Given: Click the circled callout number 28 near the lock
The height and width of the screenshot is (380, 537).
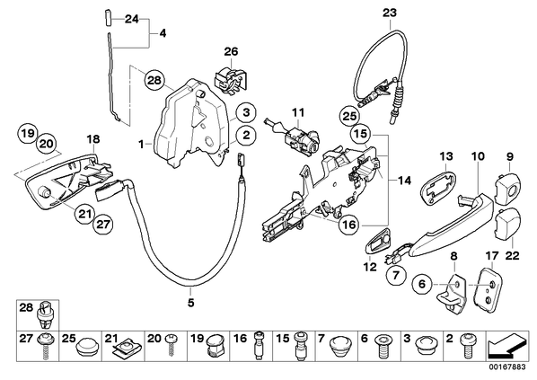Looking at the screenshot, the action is click(154, 81).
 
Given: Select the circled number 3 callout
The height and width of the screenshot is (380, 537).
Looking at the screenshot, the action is click(246, 112).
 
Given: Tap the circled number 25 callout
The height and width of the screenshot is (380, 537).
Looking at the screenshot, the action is click(349, 116).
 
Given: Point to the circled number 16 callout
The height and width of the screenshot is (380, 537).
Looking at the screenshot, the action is click(349, 225).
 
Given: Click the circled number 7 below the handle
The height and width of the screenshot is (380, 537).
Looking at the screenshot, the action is click(396, 275).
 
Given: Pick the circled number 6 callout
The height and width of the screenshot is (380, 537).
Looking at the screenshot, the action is click(422, 284).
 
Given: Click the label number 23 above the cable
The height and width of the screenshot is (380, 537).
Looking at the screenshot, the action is click(390, 13).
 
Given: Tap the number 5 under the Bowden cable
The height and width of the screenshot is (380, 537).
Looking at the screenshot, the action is click(190, 303).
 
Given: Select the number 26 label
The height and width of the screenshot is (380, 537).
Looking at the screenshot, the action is click(231, 52).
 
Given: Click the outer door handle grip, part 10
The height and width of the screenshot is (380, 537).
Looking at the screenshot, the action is click(452, 225).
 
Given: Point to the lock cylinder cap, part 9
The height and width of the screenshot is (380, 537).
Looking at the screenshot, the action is click(506, 185).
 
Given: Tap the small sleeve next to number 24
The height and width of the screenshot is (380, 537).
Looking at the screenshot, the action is click(107, 17).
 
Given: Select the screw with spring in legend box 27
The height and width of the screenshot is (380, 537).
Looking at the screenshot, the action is click(45, 346).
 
